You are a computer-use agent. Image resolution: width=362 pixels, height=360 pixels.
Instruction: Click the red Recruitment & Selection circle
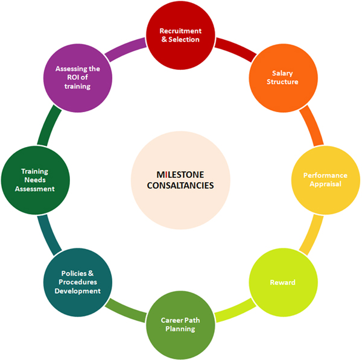(x=180, y=36)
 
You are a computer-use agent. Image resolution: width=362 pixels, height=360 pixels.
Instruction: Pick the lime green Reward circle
(x=282, y=282)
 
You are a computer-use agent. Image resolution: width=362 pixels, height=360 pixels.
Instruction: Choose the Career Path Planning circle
(x=180, y=324)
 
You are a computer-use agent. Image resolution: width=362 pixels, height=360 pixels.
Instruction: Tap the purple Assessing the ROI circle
(x=77, y=77)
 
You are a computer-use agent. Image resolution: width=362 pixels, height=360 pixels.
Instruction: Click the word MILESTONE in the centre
(x=180, y=174)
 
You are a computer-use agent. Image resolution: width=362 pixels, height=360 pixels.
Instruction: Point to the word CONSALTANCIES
(x=180, y=185)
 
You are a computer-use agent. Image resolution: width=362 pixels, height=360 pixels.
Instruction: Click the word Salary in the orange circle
(x=282, y=73)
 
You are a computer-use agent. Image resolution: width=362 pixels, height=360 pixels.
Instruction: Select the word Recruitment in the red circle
(x=180, y=31)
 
